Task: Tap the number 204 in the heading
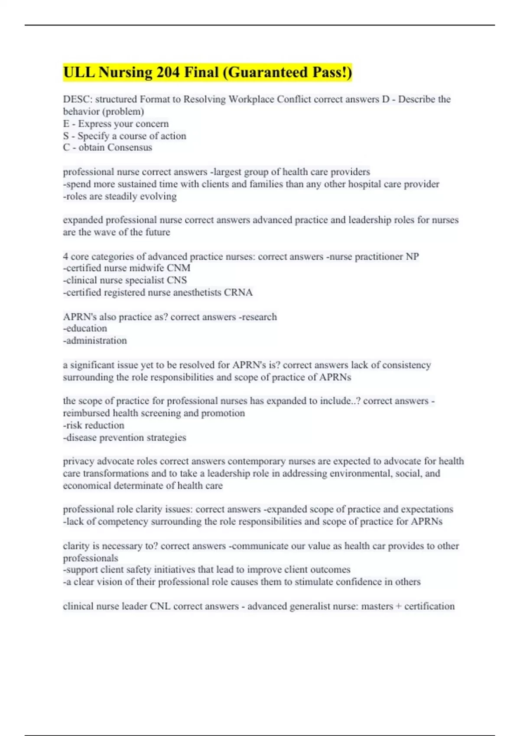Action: click(x=168, y=72)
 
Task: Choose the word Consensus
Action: click(x=130, y=148)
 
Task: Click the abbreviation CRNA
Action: click(x=238, y=293)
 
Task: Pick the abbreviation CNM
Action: click(x=179, y=268)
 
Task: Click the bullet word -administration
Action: click(x=95, y=341)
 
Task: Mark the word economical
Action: click(x=87, y=486)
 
